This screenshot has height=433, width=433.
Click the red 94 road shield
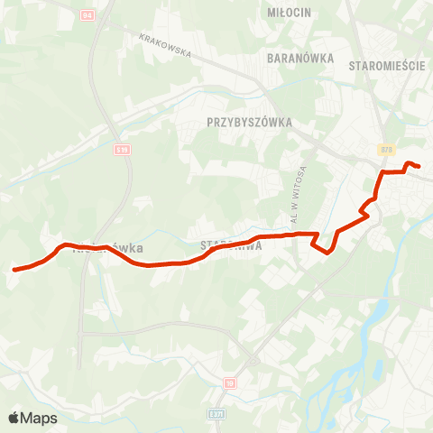click(87, 16)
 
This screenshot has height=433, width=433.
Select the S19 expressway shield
click(123, 150)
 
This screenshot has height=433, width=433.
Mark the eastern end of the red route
click(419, 165)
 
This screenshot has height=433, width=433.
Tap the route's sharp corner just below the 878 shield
click(383, 171)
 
